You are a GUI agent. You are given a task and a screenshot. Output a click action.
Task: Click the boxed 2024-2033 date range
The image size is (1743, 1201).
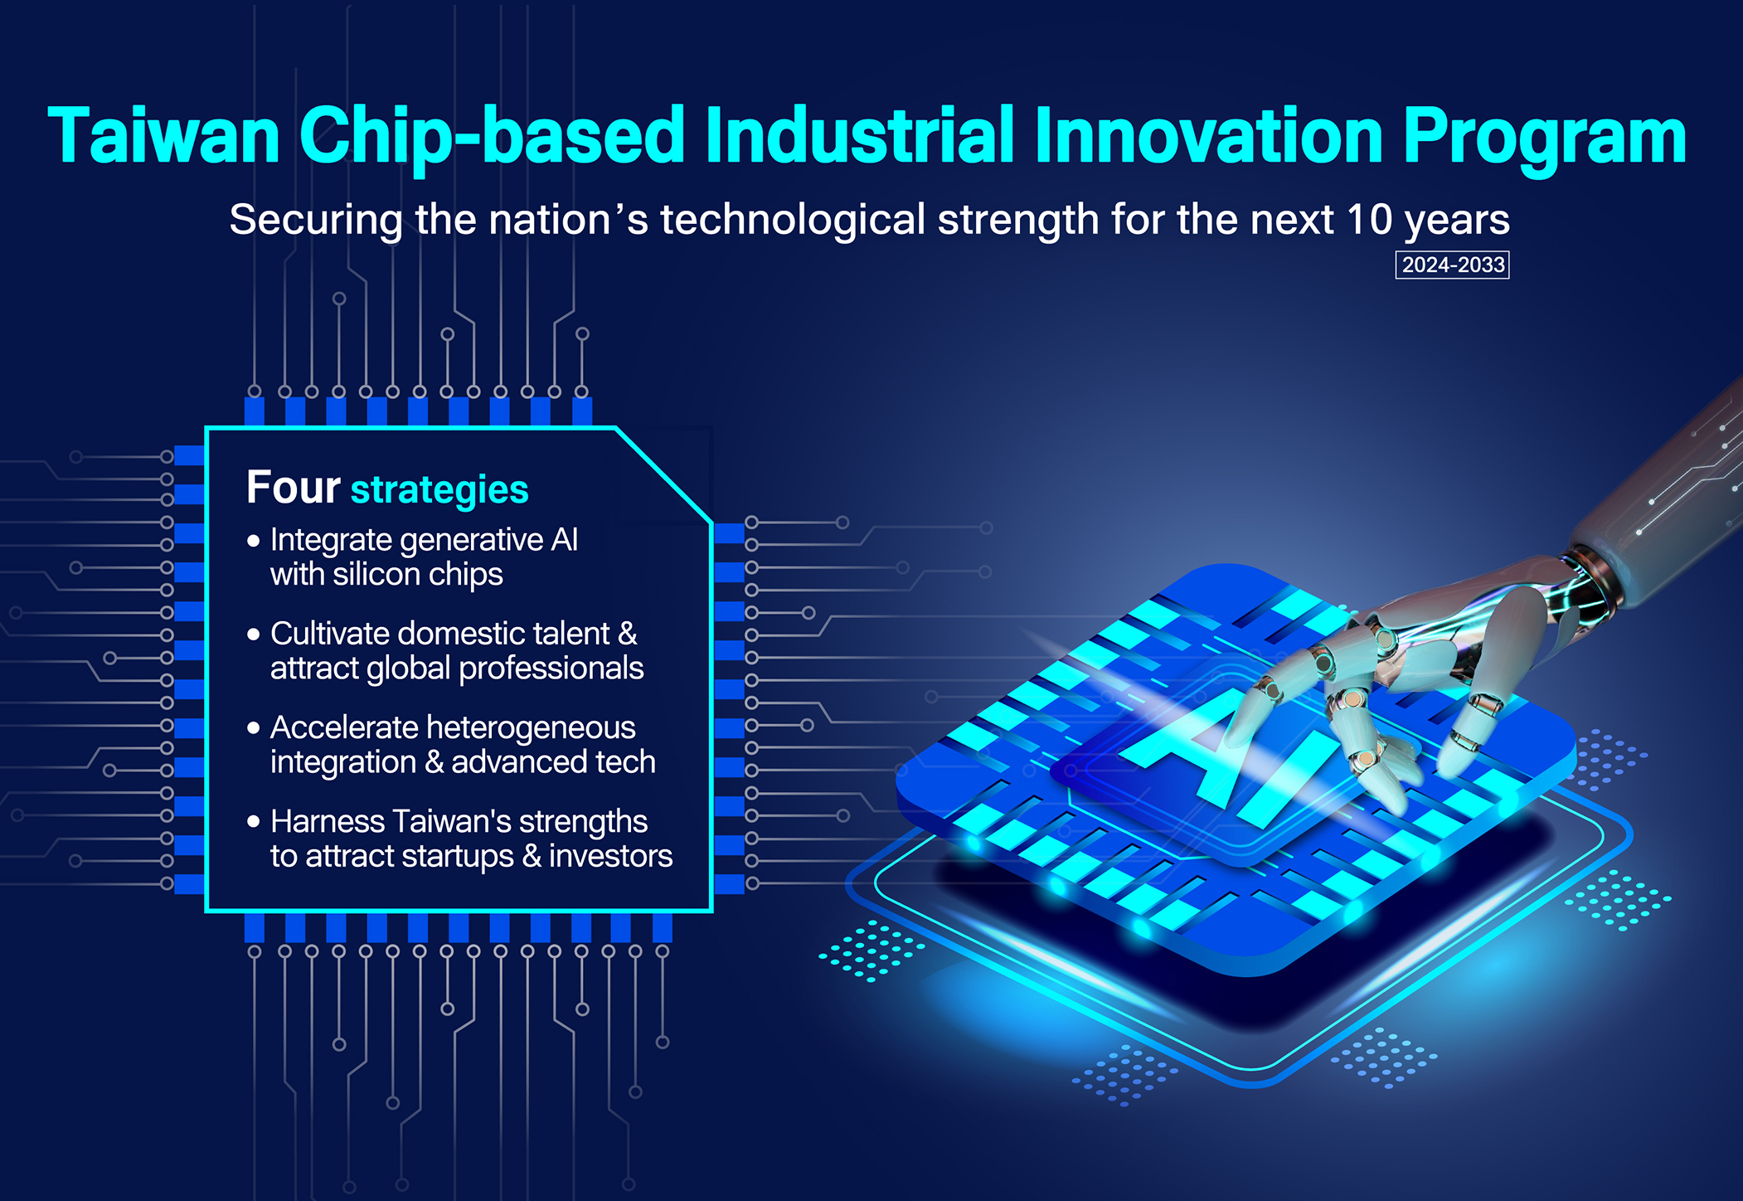click(1453, 265)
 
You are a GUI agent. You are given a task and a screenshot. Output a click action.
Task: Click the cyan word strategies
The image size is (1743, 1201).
click(439, 490)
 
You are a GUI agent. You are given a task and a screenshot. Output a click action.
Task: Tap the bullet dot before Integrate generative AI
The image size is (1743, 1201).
click(254, 542)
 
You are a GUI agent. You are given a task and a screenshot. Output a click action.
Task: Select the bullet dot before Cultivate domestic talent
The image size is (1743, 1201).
click(254, 635)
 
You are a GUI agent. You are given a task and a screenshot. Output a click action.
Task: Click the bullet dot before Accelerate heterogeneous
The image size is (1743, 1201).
click(254, 729)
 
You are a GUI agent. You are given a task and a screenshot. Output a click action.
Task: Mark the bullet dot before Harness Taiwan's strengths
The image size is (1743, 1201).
click(254, 823)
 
